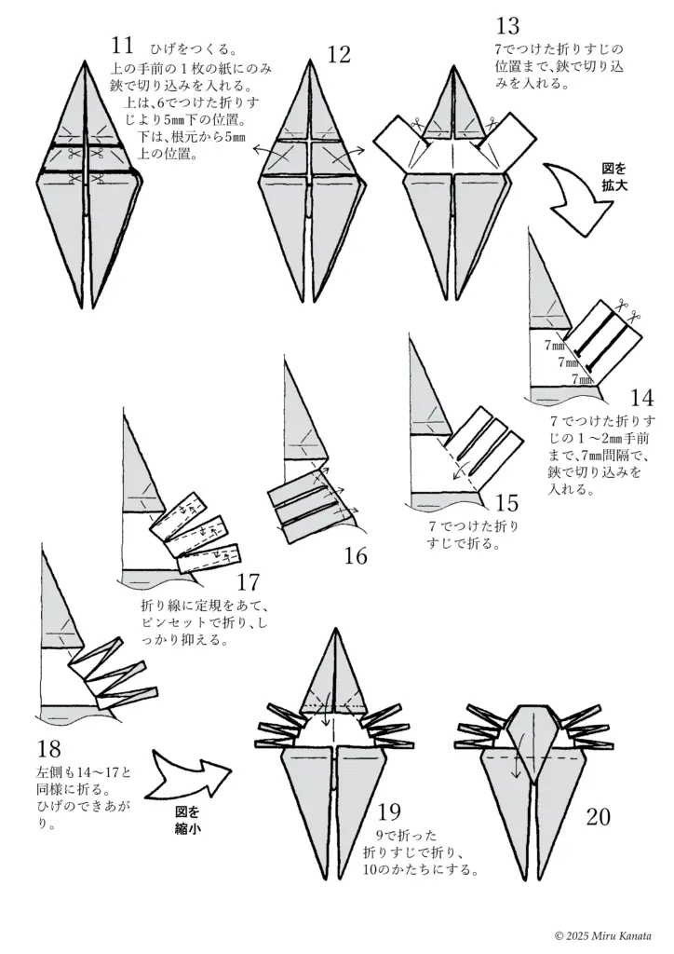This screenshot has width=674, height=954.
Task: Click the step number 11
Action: [x=122, y=46]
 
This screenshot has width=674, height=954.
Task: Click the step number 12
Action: [x=339, y=55]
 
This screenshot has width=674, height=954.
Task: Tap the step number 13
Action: [x=508, y=26]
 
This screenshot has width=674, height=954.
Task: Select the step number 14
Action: [x=640, y=400]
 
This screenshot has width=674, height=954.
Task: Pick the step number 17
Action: [x=248, y=583]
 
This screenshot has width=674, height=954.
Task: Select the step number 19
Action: [x=389, y=810]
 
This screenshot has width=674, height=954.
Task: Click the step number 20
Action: [x=599, y=817]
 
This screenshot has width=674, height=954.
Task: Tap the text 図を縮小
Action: [x=188, y=819]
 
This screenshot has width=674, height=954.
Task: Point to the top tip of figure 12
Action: [x=309, y=61]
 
